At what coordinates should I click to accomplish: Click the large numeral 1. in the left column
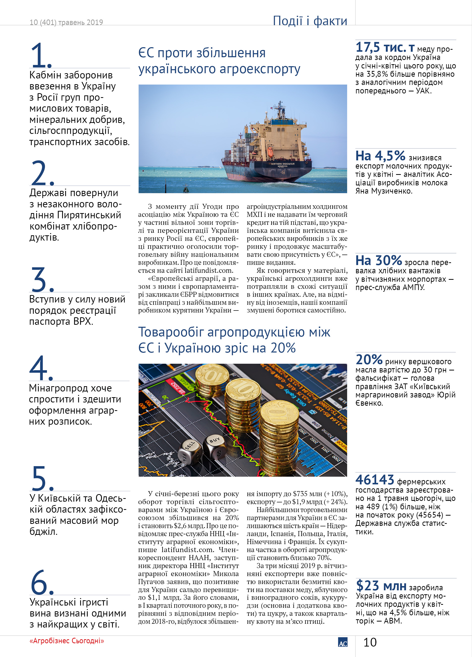pos(40,55)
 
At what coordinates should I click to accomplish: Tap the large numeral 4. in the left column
pos(41,368)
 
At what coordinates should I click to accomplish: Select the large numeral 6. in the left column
pos(42,583)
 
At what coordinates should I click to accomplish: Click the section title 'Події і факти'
pos(310,21)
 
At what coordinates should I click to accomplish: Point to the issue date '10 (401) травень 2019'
pos(66,22)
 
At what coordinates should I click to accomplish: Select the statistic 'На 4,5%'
pos(380,156)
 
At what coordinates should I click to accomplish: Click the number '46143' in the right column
pos(374,480)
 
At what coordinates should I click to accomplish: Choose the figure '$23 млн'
pos(381,586)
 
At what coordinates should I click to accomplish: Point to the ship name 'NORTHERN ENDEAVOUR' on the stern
pos(282,164)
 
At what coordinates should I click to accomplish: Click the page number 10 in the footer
pos(370,642)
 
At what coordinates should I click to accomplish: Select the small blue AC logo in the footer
pos(343,642)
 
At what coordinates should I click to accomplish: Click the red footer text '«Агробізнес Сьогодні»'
pos(67,641)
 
